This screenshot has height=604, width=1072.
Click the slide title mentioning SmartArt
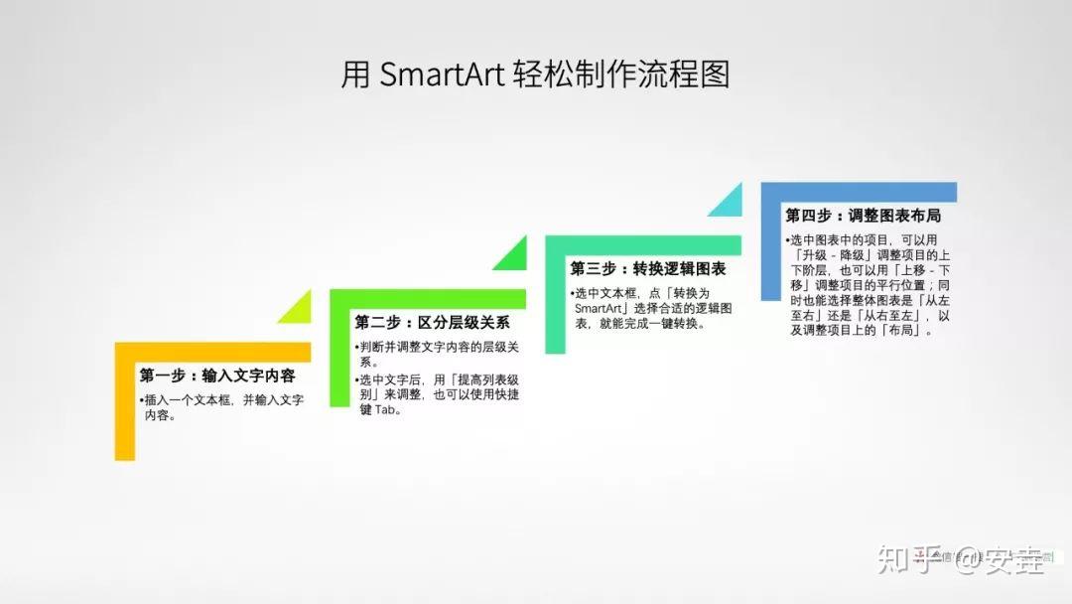535,75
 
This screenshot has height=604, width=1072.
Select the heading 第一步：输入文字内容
217,376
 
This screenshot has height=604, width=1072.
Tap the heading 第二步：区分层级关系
433,322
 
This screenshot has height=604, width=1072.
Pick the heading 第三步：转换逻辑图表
648,268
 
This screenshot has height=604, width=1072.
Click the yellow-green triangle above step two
294,310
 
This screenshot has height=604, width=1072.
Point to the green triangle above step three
510,256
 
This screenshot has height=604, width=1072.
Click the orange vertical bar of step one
124,407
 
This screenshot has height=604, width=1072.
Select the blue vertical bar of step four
770,248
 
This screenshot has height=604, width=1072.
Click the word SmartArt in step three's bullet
598,308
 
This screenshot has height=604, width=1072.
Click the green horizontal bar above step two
427,298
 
